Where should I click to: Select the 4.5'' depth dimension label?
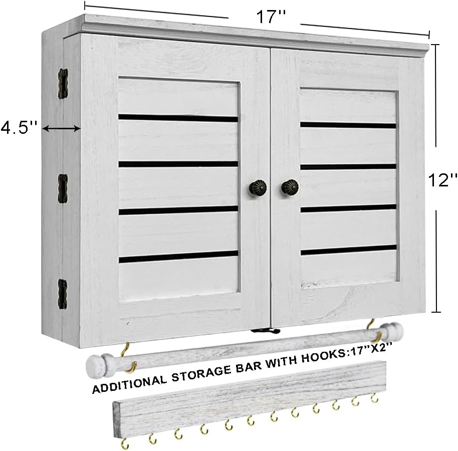[19, 128]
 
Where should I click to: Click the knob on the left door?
[258, 186]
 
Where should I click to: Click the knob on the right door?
[290, 186]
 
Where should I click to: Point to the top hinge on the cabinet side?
[63, 84]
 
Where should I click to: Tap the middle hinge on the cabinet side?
[63, 189]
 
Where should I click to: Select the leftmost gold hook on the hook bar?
[125, 443]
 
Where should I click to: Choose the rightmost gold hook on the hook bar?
[374, 398]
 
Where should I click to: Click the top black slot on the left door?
[178, 118]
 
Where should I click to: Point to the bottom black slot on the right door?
[348, 250]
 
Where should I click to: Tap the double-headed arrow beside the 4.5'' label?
[61, 128]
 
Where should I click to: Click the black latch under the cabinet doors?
[266, 331]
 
